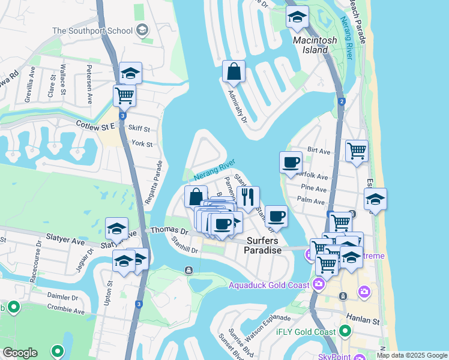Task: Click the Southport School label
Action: [92, 30]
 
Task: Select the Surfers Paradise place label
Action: [263, 245]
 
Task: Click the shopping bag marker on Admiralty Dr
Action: [234, 73]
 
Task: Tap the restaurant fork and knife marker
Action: [247, 197]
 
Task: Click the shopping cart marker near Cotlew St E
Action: [124, 95]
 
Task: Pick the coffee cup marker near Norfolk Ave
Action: [291, 162]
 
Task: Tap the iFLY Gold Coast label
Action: [306, 332]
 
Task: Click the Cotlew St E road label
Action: [95, 126]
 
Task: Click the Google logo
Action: [20, 353]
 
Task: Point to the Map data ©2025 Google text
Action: [412, 355]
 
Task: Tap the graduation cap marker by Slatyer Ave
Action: [116, 229]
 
